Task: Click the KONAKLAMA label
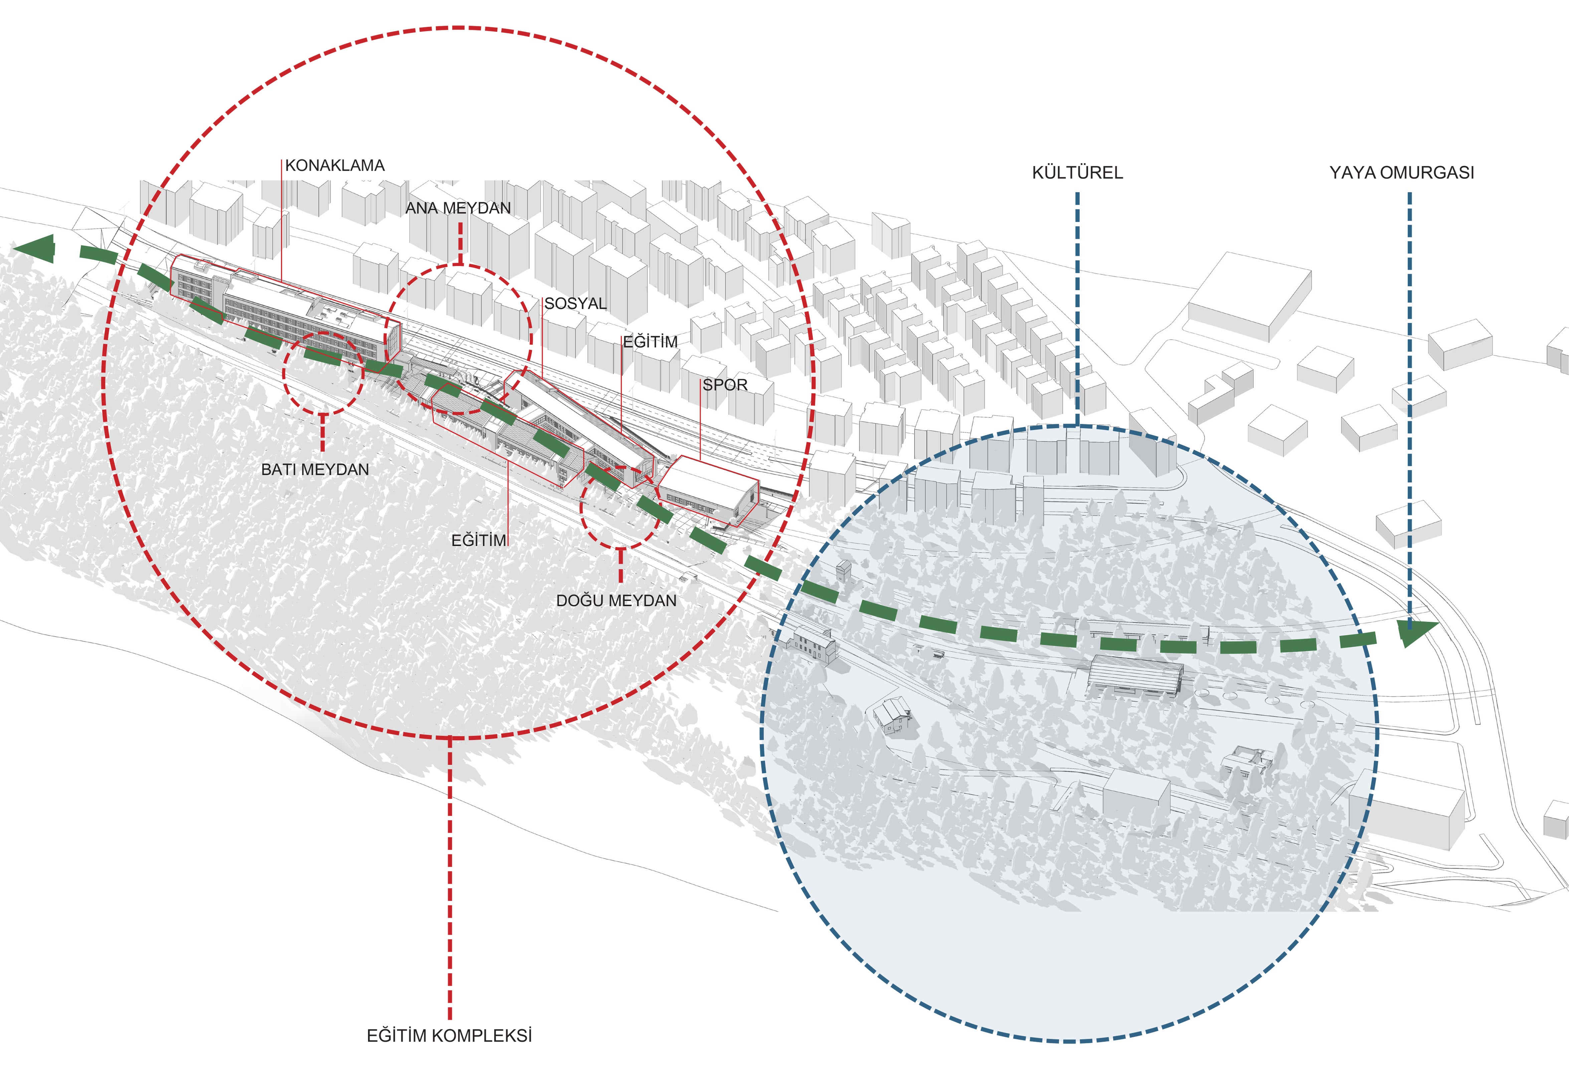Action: click(334, 165)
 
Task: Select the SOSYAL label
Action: click(575, 304)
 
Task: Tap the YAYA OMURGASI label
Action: click(1401, 173)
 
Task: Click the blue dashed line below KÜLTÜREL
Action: click(1077, 310)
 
